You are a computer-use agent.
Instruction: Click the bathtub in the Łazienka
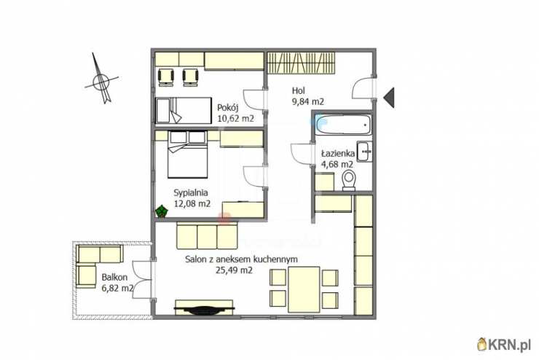click(x=343, y=124)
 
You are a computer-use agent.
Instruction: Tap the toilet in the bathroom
click(x=349, y=181)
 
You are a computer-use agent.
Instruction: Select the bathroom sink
click(x=363, y=151)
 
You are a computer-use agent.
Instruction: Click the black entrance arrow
click(x=389, y=98)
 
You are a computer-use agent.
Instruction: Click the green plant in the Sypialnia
click(x=161, y=211)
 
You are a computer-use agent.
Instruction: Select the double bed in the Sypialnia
click(x=188, y=154)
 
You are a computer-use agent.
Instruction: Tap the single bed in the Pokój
click(x=184, y=110)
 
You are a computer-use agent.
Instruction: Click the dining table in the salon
click(x=304, y=289)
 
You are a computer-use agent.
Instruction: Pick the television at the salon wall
click(x=204, y=309)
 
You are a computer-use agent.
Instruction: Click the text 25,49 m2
click(x=234, y=270)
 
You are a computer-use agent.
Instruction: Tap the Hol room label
click(x=299, y=91)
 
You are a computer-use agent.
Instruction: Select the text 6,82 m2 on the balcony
click(x=117, y=288)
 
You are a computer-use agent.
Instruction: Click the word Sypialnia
click(x=190, y=193)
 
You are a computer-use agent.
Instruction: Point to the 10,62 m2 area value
click(x=235, y=119)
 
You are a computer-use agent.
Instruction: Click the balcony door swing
click(x=141, y=280)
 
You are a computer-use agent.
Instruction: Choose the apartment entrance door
click(x=363, y=88)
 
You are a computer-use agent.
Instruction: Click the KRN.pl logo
click(x=504, y=344)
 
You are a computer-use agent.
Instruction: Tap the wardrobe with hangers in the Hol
click(x=301, y=63)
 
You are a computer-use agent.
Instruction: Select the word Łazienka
click(x=338, y=154)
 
